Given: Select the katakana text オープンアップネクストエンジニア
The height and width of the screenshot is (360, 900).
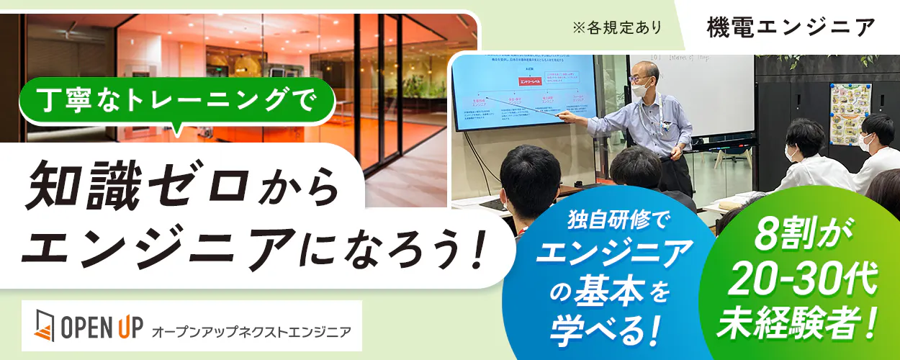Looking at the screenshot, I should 251,332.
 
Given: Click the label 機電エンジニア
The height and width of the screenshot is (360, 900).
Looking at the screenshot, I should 790,27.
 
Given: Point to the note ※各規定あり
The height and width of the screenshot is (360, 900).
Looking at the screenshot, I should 618,27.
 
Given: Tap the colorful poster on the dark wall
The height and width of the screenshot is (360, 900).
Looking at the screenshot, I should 850,112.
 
